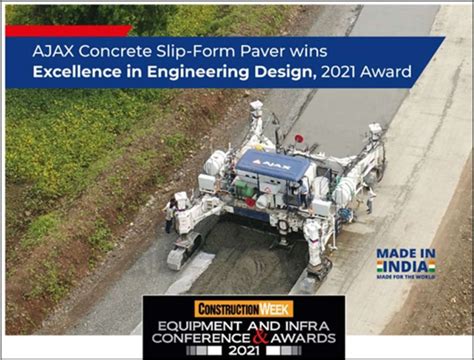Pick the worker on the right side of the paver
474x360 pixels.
[368, 197]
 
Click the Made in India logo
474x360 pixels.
[405, 262]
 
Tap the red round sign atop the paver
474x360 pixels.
[299, 138]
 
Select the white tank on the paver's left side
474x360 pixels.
[215, 162]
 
